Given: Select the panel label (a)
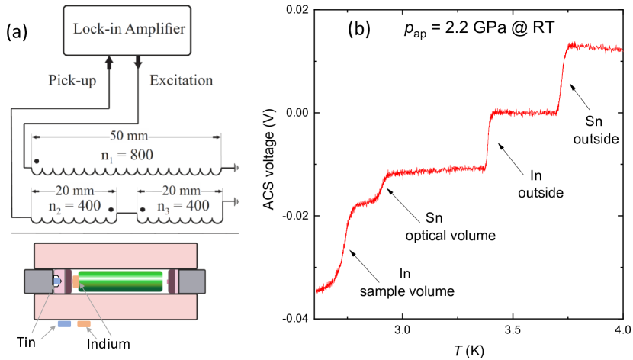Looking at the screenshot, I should point(18,33).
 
